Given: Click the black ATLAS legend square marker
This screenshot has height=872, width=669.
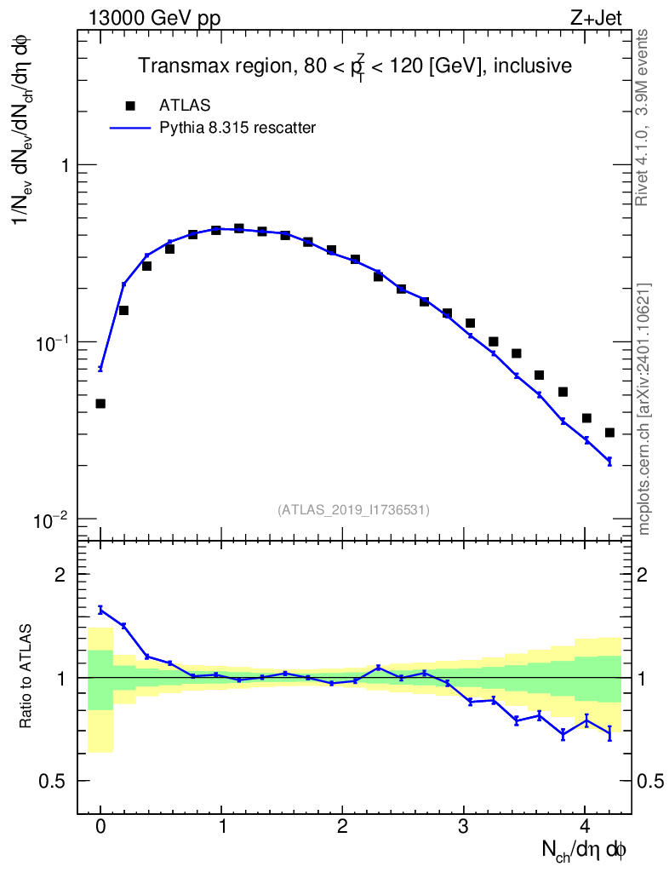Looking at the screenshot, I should (x=130, y=106).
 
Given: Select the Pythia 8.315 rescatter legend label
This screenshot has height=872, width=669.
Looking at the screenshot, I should (x=237, y=129).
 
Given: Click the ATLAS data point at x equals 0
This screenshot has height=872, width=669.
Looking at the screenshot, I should (x=100, y=404).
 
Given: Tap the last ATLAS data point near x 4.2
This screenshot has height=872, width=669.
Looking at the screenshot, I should (x=609, y=433).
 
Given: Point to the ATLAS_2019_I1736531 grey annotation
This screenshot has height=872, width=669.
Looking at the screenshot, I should (x=353, y=509).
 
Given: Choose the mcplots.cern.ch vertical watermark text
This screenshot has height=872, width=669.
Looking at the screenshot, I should (x=644, y=409).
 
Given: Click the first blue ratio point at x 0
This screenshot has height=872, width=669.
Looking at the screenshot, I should (x=100, y=609).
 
